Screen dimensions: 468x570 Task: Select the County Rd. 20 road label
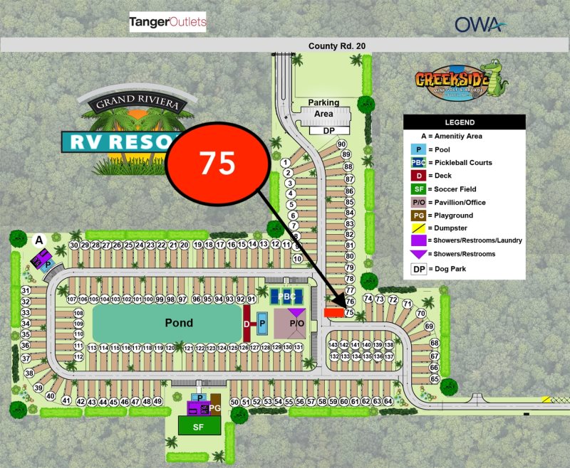coord(337,46)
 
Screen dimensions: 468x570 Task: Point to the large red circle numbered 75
coord(217,163)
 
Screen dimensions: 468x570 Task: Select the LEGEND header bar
coord(465,122)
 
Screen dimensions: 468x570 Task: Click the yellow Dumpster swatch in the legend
coord(419,228)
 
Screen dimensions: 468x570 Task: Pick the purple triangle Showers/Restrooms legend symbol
coord(419,254)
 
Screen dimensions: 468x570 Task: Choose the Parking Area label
coord(324,108)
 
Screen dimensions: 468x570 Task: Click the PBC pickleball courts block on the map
coord(288,297)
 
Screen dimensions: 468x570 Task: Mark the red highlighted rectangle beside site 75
coord(333,312)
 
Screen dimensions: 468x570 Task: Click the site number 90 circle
coord(341,144)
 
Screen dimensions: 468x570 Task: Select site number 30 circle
coord(74,245)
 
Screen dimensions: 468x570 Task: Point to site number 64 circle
coord(388,402)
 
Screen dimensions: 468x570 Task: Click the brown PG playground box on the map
coord(215,408)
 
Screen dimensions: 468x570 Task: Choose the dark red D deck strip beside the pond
coord(247,323)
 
